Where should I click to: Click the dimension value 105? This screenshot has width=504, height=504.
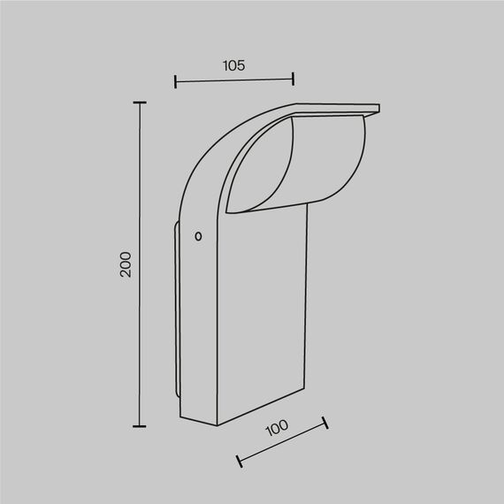click(233, 65)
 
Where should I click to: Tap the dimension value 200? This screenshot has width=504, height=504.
click(126, 264)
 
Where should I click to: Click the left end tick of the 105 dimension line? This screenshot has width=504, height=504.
click(176, 82)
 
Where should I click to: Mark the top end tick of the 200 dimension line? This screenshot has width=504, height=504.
click(139, 103)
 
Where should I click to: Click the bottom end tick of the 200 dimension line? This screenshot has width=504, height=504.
click(139, 426)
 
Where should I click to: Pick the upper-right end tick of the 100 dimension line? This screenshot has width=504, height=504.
click(325, 424)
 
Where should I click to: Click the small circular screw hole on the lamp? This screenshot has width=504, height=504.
click(198, 236)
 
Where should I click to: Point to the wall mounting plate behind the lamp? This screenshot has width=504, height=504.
click(176, 309)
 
